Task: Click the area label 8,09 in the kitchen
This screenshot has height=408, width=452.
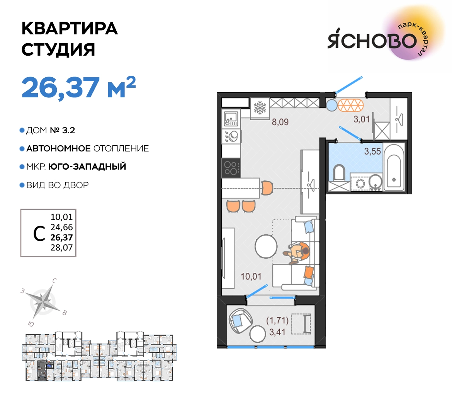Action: pos(280,122)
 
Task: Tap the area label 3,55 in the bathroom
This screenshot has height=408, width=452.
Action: pos(372,151)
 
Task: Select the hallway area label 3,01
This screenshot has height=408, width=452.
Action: pos(362,119)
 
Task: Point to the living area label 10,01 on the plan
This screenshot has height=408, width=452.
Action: pos(251,277)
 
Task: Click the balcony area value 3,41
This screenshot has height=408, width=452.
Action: pos(277,332)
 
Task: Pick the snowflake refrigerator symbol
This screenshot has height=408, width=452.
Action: pos(260,108)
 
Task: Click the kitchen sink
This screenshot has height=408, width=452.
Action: pos(231,119)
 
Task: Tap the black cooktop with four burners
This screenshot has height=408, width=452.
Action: pos(231,168)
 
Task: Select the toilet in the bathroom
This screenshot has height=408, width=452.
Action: pos(339,173)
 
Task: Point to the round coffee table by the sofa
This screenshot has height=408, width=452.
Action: pos(266,246)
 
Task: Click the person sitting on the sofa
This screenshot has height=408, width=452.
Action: pos(297,253)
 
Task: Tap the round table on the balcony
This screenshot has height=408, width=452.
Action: pos(257,334)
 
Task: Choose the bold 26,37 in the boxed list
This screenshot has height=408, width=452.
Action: pos(62,237)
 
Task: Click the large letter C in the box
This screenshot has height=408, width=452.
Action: pos(39,233)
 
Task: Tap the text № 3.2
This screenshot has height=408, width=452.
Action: pos(63,130)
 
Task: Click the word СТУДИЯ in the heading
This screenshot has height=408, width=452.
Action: pos(58,49)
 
